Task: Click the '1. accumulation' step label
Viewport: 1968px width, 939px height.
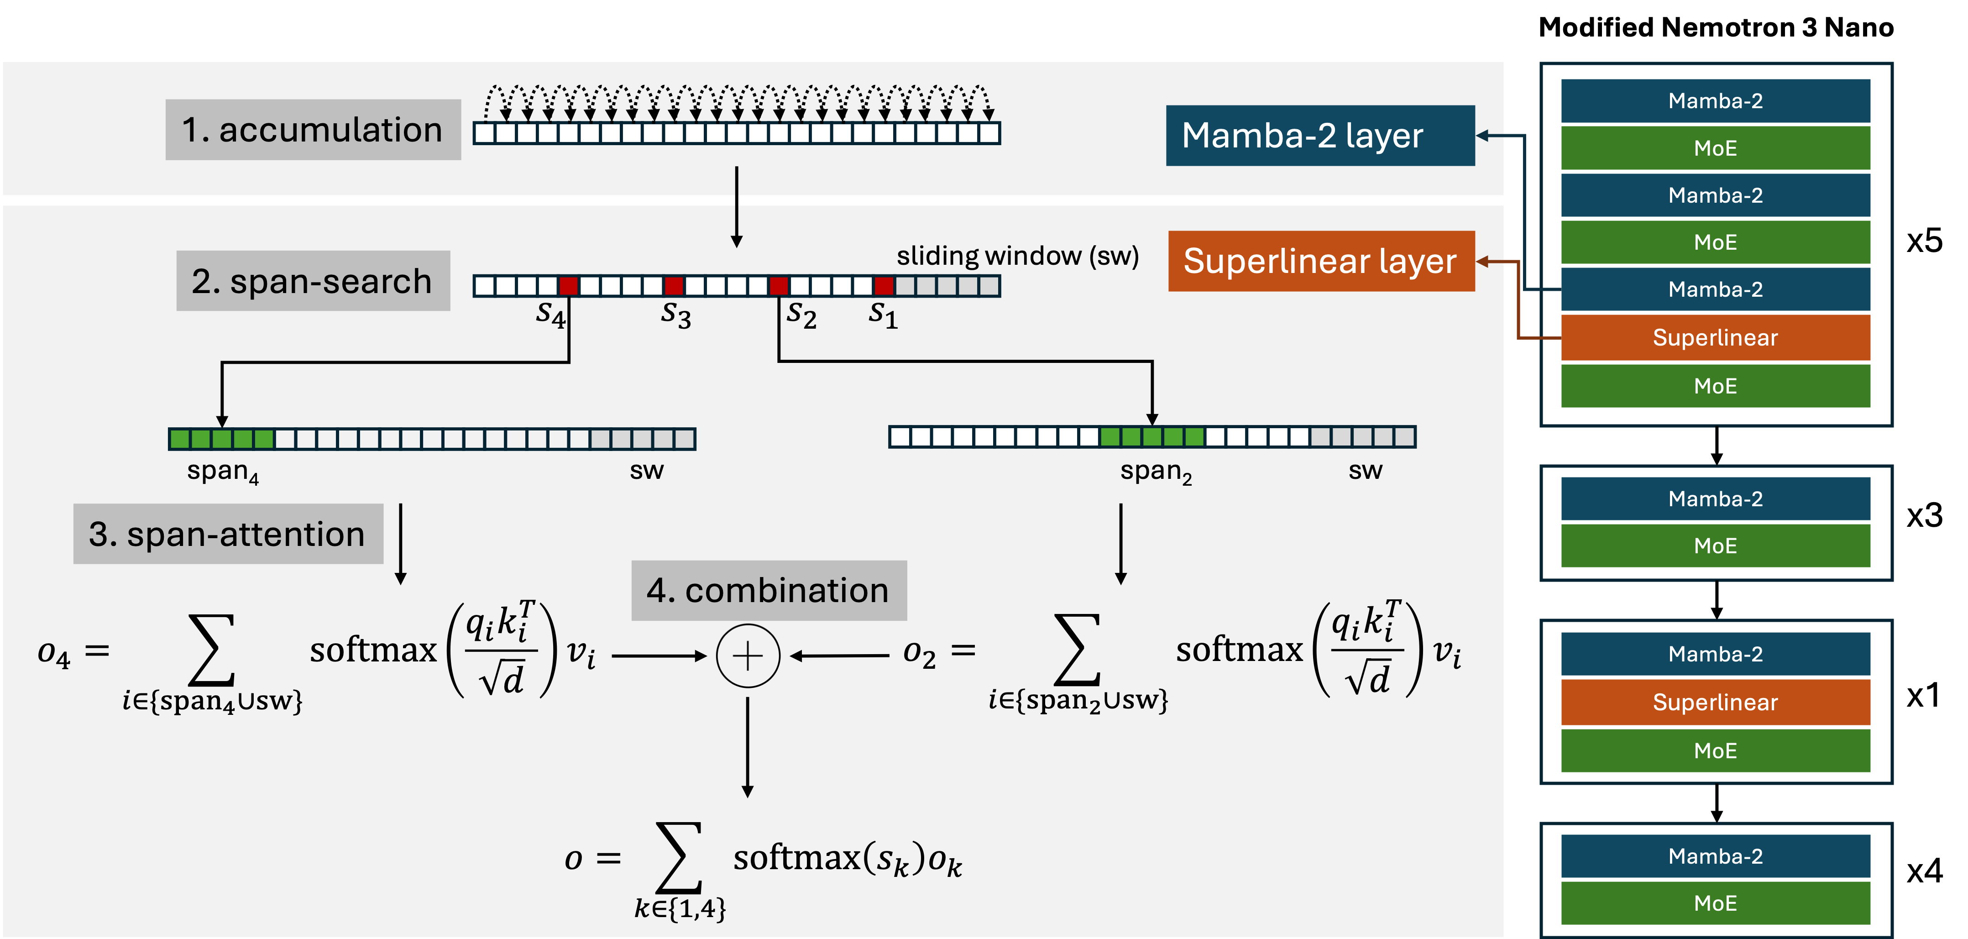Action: click(313, 130)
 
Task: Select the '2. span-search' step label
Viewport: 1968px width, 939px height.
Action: click(313, 281)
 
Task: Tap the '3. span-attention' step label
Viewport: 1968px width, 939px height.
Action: click(228, 534)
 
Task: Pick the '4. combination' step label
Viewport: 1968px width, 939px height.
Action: click(769, 591)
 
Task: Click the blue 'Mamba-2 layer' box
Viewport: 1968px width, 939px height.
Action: click(1319, 136)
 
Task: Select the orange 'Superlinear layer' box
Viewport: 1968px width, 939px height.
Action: click(1321, 261)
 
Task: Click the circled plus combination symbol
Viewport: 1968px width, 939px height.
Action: click(748, 656)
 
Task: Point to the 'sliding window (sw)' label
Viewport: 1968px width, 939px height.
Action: click(1017, 256)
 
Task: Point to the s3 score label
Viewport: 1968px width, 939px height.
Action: click(675, 315)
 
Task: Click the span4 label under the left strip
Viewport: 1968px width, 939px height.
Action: click(222, 472)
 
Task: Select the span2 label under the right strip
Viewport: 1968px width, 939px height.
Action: click(1155, 472)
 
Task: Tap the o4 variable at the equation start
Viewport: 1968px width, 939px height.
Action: click(53, 654)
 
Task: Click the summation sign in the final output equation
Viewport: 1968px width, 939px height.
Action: click(678, 857)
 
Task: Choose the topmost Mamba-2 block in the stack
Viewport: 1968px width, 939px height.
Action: click(1715, 101)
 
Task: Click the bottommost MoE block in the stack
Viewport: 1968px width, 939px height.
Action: click(1715, 903)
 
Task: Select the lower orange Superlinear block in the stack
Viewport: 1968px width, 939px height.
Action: click(1715, 702)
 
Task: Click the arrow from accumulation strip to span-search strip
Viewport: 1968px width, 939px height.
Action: click(737, 206)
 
